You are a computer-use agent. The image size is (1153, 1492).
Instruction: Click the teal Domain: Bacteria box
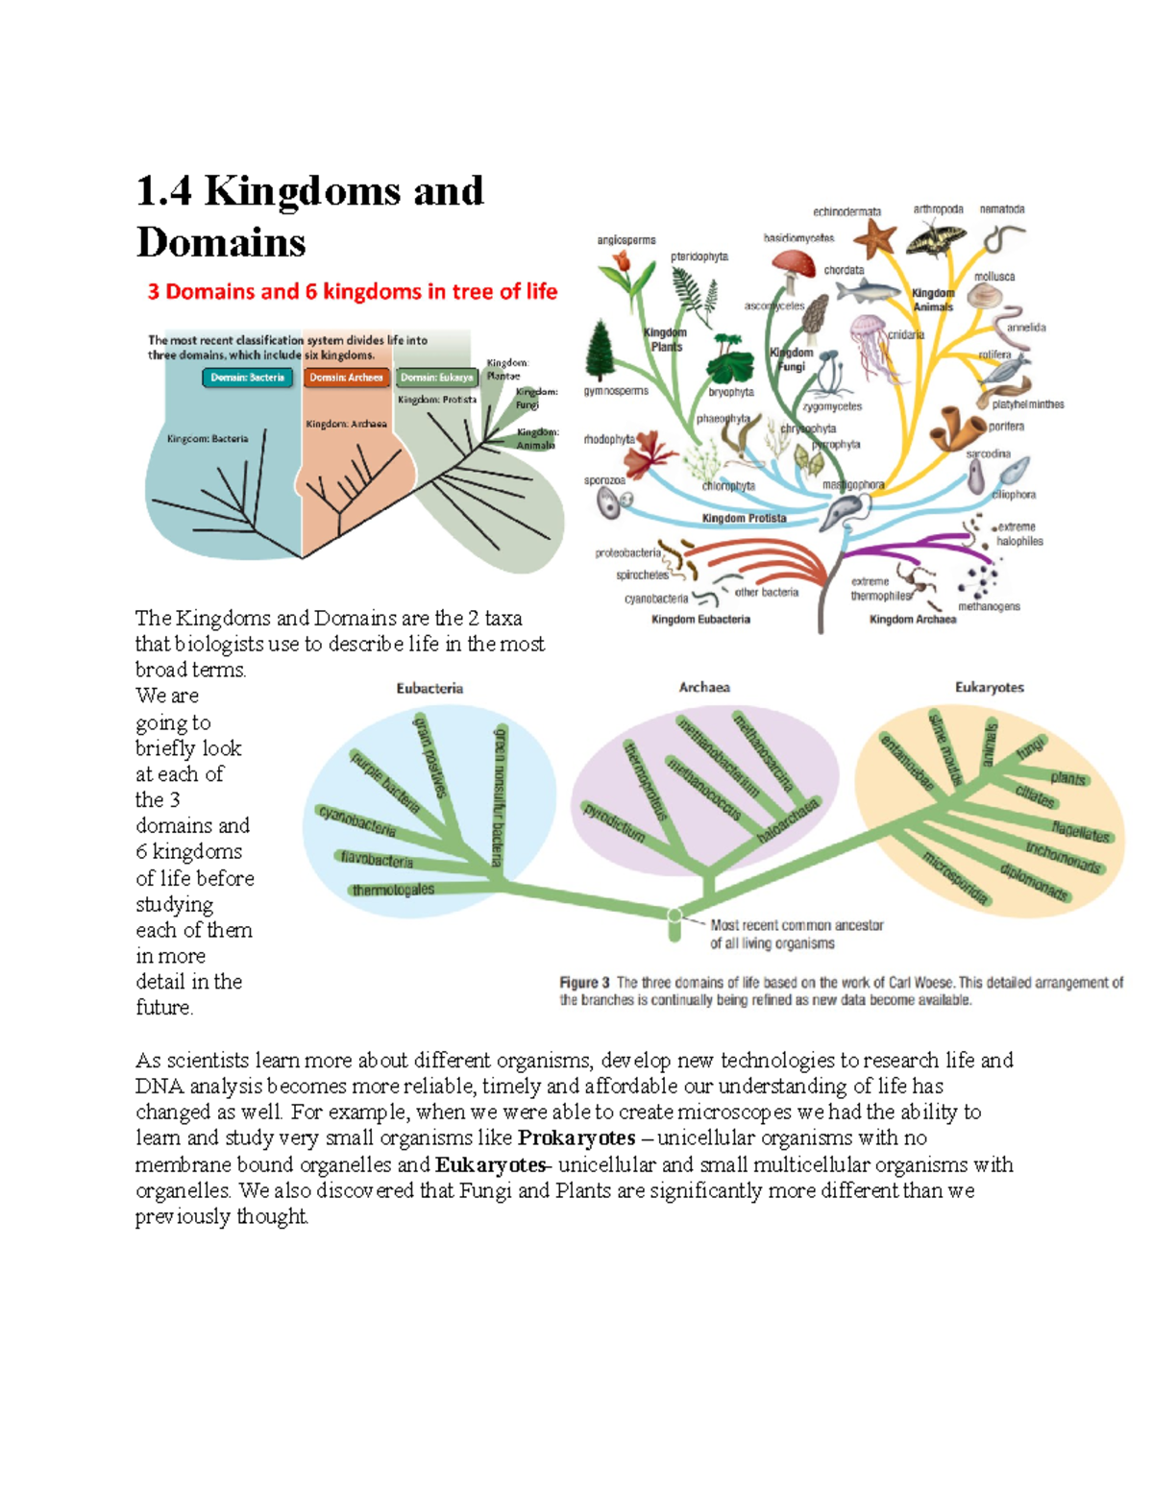pos(247,378)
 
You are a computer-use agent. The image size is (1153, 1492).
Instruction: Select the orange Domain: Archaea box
pos(346,378)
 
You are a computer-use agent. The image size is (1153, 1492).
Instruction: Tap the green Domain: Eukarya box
pos(437,378)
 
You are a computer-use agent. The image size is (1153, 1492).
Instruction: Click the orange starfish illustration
pos(874,237)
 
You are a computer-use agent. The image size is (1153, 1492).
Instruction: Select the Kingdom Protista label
pos(744,519)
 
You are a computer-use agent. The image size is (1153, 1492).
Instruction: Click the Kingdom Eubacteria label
pos(700,620)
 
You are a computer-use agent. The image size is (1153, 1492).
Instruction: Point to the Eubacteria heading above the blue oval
pos(429,689)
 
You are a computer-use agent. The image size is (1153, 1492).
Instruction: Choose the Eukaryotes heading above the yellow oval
pos(989,688)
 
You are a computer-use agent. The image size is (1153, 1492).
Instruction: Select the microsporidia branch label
pos(954,878)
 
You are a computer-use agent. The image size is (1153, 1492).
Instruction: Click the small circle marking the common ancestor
pos(675,916)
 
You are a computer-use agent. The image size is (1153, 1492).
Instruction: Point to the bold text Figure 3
pos(584,983)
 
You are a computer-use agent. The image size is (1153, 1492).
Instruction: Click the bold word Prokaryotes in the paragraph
pos(576,1138)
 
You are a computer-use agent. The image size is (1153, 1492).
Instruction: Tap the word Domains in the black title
pos(221,242)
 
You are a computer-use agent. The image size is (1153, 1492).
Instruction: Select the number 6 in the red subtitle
pos(311,292)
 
